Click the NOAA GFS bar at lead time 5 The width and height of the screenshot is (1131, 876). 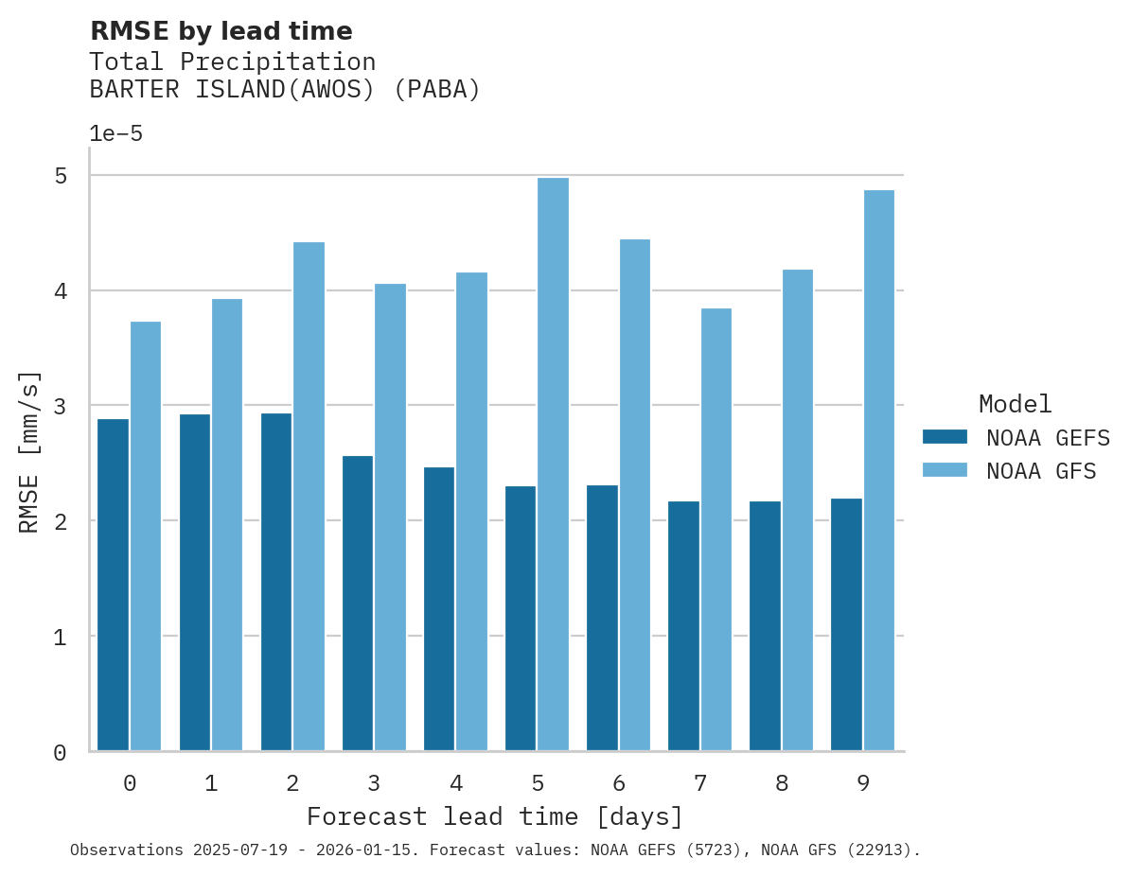point(554,464)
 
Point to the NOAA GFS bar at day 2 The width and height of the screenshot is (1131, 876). point(309,497)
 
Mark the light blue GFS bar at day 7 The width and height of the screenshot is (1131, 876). point(716,530)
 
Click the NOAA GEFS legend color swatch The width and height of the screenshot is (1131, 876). point(945,437)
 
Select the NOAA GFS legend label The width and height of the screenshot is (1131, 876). point(1041,471)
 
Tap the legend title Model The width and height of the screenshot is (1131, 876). point(1015,404)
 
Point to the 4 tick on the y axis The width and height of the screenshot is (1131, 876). point(60,291)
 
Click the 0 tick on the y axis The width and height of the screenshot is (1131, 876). point(60,753)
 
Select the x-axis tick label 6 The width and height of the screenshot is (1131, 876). point(619,783)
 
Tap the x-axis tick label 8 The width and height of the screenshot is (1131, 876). point(782,783)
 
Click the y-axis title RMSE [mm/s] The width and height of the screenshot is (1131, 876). point(30,452)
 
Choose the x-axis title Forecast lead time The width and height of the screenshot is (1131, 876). point(494,816)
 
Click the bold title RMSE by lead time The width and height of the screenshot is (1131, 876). point(221,31)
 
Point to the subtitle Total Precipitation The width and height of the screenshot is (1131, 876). point(232,62)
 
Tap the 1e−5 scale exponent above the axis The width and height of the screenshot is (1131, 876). point(115,134)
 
